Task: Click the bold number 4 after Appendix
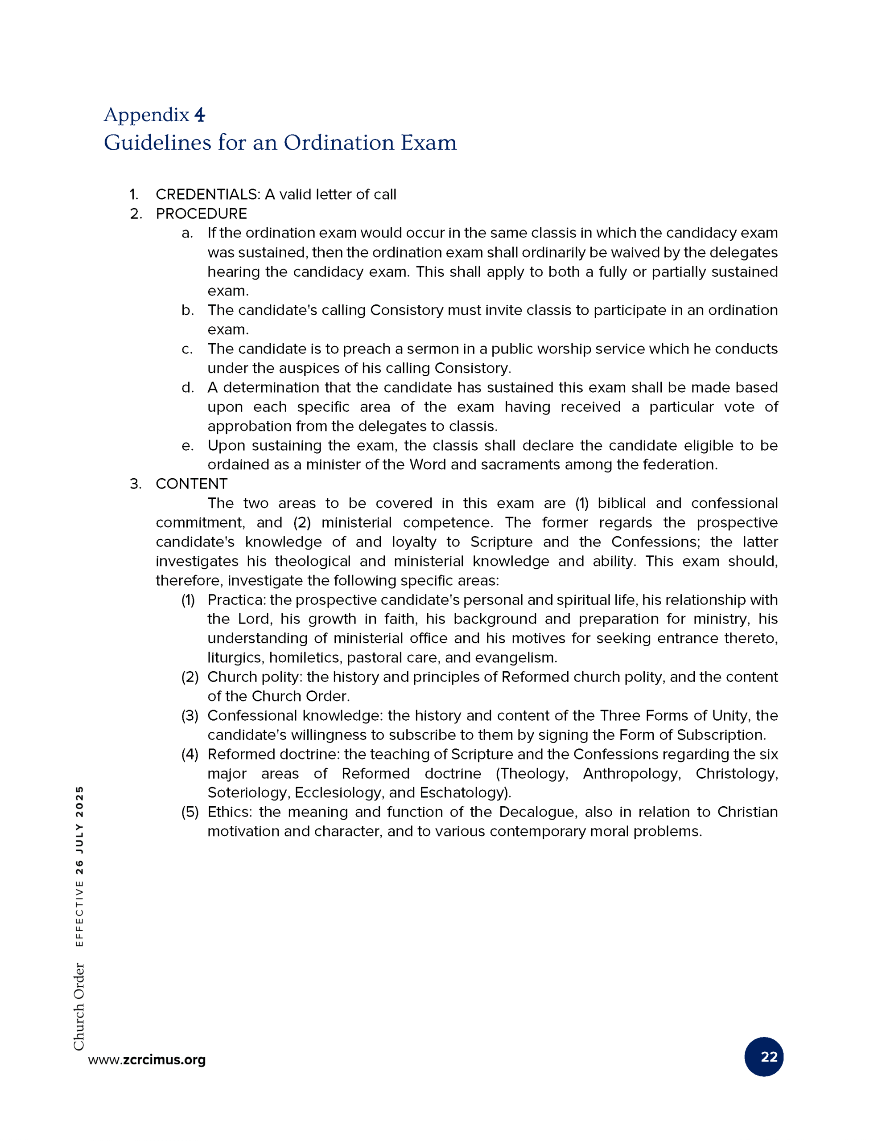pyautogui.click(x=199, y=115)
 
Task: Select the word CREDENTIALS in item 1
pyautogui.click(x=207, y=194)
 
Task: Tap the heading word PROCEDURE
pyautogui.click(x=201, y=213)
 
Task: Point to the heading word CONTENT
pyautogui.click(x=191, y=484)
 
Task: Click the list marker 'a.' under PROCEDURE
pyautogui.click(x=187, y=233)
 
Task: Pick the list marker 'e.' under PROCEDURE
pyautogui.click(x=187, y=446)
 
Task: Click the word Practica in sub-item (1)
pyautogui.click(x=236, y=600)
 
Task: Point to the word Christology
pyautogui.click(x=736, y=774)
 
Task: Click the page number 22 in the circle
pyautogui.click(x=764, y=1057)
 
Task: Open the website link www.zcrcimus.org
pyautogui.click(x=147, y=1059)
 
